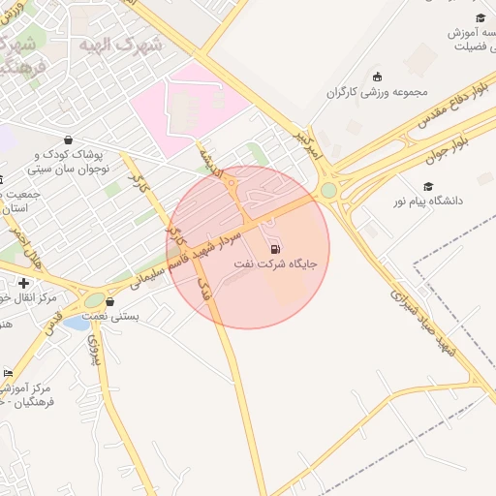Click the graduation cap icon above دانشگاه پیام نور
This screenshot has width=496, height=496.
(428, 186)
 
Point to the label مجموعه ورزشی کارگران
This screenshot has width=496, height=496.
(376, 92)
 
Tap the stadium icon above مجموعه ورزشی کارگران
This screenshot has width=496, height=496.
(377, 77)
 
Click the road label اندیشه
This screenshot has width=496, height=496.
(212, 159)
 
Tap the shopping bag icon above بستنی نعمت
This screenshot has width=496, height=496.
(110, 302)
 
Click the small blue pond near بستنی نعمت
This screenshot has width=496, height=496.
(77, 323)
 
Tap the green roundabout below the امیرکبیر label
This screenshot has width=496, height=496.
(329, 190)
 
